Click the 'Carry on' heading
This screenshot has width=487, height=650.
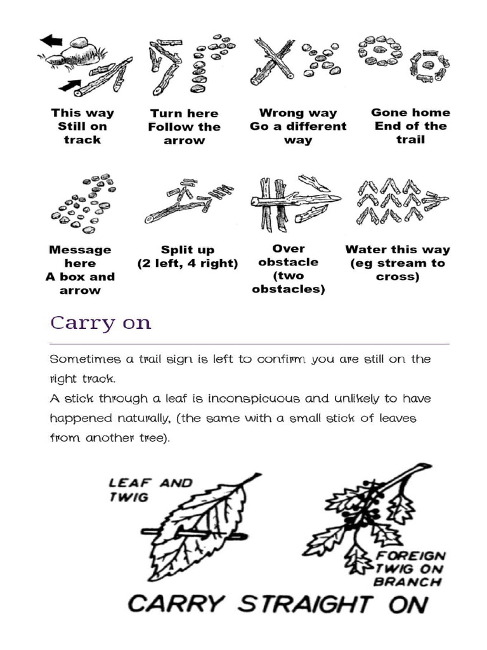[x=101, y=322]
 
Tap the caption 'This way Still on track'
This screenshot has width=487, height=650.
[x=82, y=126]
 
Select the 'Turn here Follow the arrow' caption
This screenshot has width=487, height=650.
[x=185, y=127]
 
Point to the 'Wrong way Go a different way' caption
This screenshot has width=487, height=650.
[x=298, y=126]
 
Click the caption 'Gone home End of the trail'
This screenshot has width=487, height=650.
[x=410, y=126]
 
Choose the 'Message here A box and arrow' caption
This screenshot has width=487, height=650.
[x=81, y=270]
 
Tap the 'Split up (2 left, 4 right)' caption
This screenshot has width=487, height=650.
[x=188, y=256]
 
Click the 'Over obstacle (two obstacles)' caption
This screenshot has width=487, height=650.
[x=289, y=269]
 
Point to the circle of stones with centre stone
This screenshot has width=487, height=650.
[x=380, y=51]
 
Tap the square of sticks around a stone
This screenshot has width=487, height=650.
[x=429, y=65]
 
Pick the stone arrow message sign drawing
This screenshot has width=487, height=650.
[x=82, y=202]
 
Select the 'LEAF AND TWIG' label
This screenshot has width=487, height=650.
[x=150, y=489]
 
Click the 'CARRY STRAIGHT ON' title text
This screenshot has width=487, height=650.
[x=278, y=603]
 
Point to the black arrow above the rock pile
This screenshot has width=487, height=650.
[x=52, y=41]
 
